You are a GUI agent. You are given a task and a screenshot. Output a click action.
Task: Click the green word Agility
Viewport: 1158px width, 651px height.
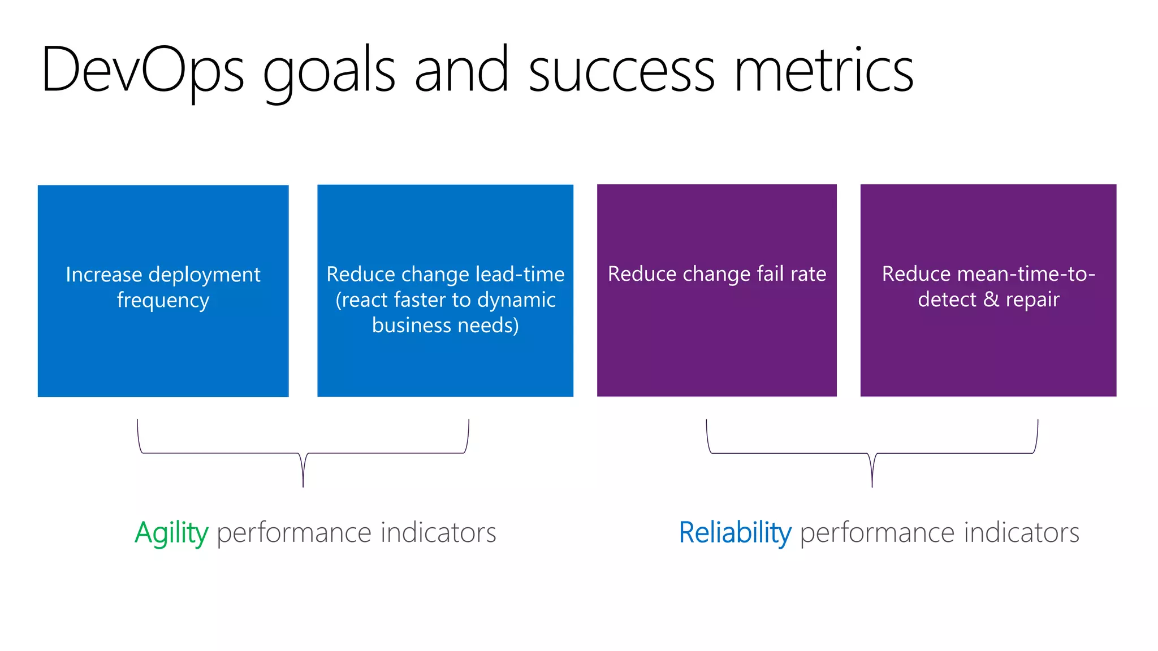click(171, 533)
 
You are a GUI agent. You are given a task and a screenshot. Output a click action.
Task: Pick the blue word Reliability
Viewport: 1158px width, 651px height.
click(735, 533)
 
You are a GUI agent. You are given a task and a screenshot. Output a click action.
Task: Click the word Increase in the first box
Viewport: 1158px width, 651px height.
click(103, 275)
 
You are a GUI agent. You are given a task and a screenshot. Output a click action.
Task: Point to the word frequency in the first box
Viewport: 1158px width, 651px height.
click(163, 300)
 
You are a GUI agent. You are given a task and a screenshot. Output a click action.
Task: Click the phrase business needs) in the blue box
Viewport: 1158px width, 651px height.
click(446, 325)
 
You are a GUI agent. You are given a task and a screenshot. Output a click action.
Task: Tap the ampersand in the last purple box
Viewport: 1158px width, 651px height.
click(991, 300)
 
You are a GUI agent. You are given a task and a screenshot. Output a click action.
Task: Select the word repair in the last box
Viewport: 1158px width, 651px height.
click(1032, 300)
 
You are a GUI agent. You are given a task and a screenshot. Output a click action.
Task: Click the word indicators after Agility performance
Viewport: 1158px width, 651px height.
click(438, 533)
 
